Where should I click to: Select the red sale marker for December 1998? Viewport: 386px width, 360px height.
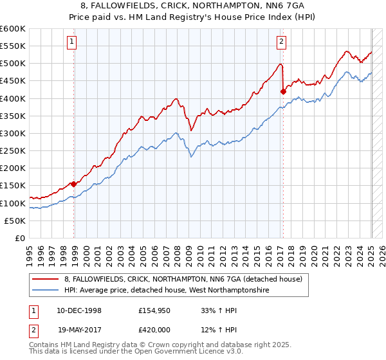74,184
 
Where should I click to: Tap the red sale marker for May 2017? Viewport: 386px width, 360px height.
283,91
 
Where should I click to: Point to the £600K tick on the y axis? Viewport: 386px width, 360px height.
13,29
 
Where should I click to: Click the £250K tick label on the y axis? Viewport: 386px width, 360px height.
13,150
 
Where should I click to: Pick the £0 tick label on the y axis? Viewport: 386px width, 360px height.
21,238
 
